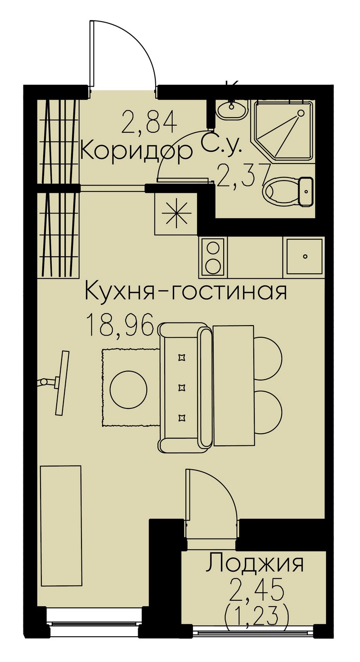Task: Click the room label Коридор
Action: (136, 152)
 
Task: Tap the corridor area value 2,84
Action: (149, 122)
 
